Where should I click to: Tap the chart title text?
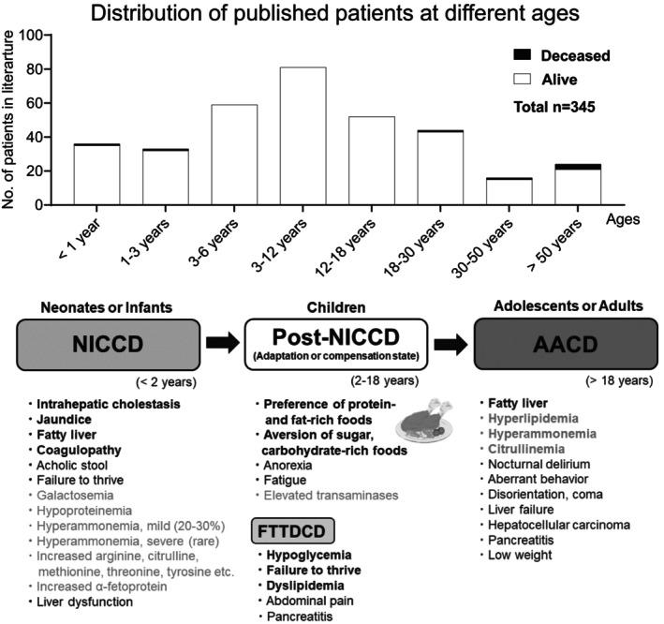click(332, 14)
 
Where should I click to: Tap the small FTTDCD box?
click(293, 530)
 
